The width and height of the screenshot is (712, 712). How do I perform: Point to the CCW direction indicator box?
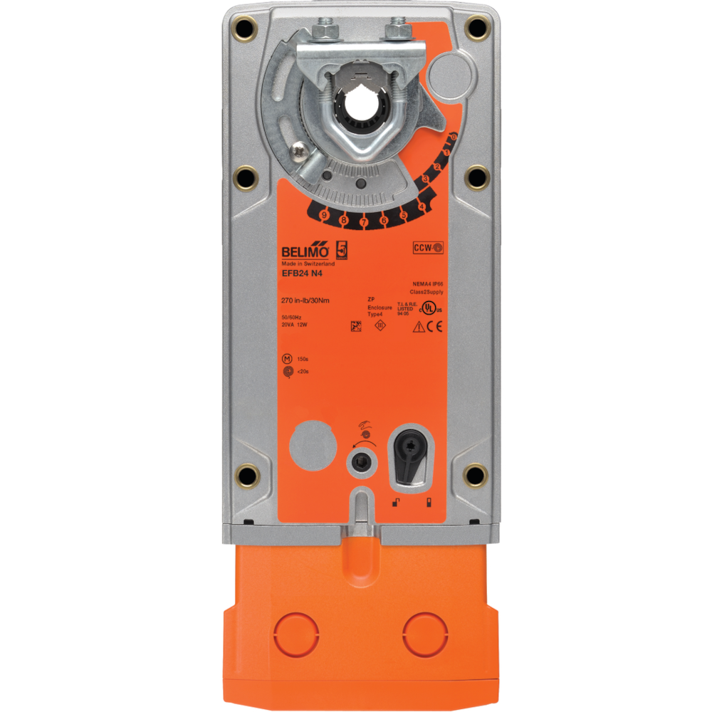tap(428, 248)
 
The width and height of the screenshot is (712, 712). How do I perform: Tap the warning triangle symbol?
tap(419, 327)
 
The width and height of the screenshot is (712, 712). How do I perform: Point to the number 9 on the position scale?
tap(324, 214)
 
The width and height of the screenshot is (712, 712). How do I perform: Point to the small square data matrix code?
tap(357, 326)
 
